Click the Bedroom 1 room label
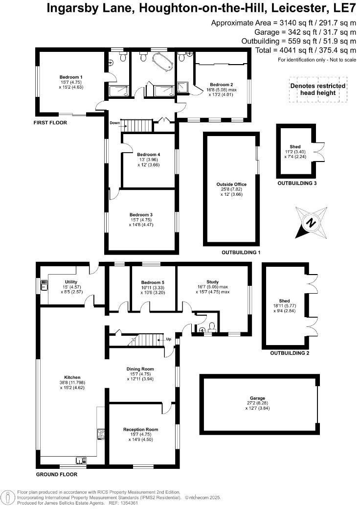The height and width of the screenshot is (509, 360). pos(71,77)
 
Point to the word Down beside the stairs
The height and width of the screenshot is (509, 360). pos(115,123)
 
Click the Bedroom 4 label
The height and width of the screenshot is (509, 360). pos(148,155)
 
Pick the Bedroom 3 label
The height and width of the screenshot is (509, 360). pos(141,215)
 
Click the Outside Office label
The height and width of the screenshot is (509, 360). pos(231,185)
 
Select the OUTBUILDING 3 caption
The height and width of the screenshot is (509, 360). pos(297,184)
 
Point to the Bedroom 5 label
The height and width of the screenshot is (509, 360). pos(153,283)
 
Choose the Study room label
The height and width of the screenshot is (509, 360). pos(212,282)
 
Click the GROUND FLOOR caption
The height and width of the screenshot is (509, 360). pos(57,474)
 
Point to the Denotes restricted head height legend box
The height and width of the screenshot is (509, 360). pos(317,89)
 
